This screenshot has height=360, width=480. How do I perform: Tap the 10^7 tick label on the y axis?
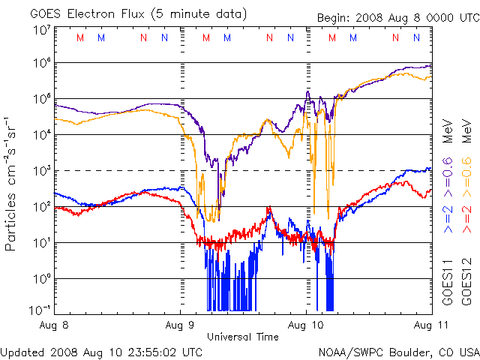41,30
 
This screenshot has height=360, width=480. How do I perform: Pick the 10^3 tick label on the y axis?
41,170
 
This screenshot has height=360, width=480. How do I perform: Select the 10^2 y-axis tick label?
41,206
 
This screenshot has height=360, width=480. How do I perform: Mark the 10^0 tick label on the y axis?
41,278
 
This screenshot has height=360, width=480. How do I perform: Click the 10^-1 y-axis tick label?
40,309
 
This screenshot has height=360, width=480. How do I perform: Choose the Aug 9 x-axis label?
180,325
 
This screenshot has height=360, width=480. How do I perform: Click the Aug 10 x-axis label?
306,325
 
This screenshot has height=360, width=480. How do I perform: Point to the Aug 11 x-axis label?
418,325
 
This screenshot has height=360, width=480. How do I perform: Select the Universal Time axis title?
243,337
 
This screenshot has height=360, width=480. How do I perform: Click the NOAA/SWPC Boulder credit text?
397,350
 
